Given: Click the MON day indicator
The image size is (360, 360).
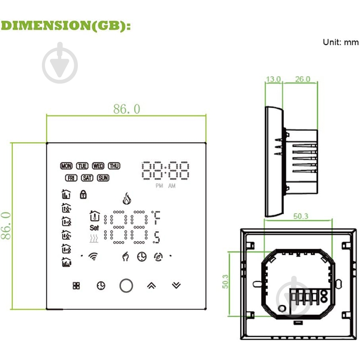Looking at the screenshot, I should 66,166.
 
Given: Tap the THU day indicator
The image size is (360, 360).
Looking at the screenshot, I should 114,166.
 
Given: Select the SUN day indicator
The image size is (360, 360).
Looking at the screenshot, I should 103,178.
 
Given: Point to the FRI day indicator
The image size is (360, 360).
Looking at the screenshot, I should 71,178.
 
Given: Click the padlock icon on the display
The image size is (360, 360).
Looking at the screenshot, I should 83,194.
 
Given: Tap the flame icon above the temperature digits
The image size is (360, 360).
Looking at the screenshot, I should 126,198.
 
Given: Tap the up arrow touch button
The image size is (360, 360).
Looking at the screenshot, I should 151,285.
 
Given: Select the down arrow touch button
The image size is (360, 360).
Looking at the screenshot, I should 176,285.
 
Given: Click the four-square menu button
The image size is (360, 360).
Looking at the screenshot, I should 76,285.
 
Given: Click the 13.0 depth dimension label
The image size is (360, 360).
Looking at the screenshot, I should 273,79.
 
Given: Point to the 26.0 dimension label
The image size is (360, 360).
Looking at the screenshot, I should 302,79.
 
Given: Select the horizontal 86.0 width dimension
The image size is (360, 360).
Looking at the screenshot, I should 126,109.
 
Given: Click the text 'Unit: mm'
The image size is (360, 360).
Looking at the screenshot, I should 340,42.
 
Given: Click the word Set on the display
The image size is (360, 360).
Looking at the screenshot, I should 94,228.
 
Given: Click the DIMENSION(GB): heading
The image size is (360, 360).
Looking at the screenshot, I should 66,26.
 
